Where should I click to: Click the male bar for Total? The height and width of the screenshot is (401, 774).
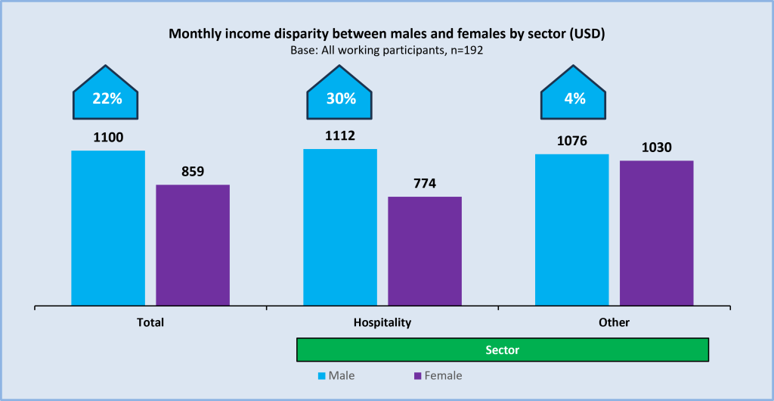click(x=108, y=228)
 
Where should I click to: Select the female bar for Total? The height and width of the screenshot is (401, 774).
click(x=193, y=245)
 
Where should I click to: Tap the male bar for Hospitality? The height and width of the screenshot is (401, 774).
click(x=340, y=227)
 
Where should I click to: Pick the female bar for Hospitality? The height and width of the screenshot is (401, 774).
click(x=425, y=251)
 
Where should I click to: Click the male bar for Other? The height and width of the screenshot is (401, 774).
click(x=571, y=230)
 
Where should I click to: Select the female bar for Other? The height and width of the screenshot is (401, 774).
click(x=656, y=233)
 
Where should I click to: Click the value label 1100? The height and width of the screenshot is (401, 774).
click(x=108, y=138)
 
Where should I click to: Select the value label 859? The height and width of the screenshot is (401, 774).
click(x=193, y=172)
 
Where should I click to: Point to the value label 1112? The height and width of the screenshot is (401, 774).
click(x=340, y=136)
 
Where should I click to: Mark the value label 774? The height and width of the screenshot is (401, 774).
click(x=425, y=184)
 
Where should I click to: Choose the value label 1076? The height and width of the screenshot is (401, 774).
click(x=571, y=141)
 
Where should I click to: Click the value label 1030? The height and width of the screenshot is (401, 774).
click(x=656, y=148)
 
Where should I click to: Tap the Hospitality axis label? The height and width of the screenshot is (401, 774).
click(x=382, y=322)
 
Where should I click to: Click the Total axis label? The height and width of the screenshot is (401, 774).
click(x=150, y=322)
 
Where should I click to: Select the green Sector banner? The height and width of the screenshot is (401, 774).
click(x=502, y=350)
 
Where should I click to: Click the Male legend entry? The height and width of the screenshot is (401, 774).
click(x=336, y=375)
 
